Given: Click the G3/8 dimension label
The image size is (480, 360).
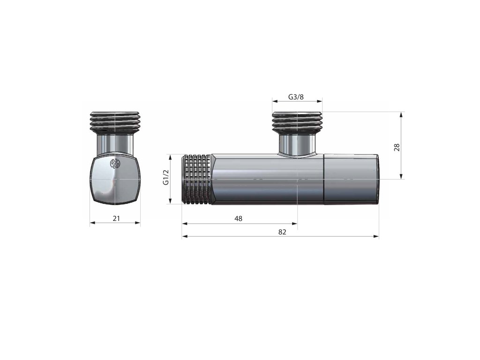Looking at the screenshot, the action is point(296,97).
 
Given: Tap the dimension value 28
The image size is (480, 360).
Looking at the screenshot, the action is point(397,147).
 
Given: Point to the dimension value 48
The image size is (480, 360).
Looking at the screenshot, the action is point(238,218).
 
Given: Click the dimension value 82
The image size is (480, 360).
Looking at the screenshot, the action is point(282,232).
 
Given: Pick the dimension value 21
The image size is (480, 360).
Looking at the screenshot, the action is point(116,218).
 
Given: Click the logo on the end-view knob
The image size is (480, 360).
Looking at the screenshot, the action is point(115,164).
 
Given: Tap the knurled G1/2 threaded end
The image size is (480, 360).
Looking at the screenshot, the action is point(197,179).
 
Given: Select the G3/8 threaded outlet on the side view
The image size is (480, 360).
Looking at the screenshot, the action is point(297,122).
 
